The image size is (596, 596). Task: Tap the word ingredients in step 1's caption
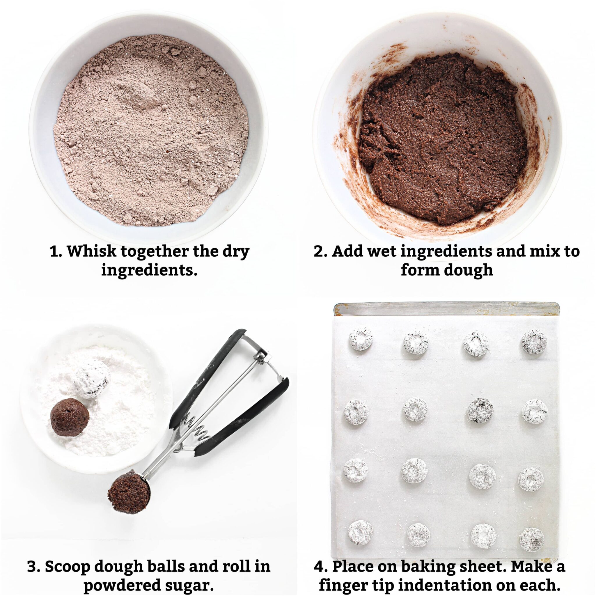pos(149,270)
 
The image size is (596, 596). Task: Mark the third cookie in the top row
pos(476,343)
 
